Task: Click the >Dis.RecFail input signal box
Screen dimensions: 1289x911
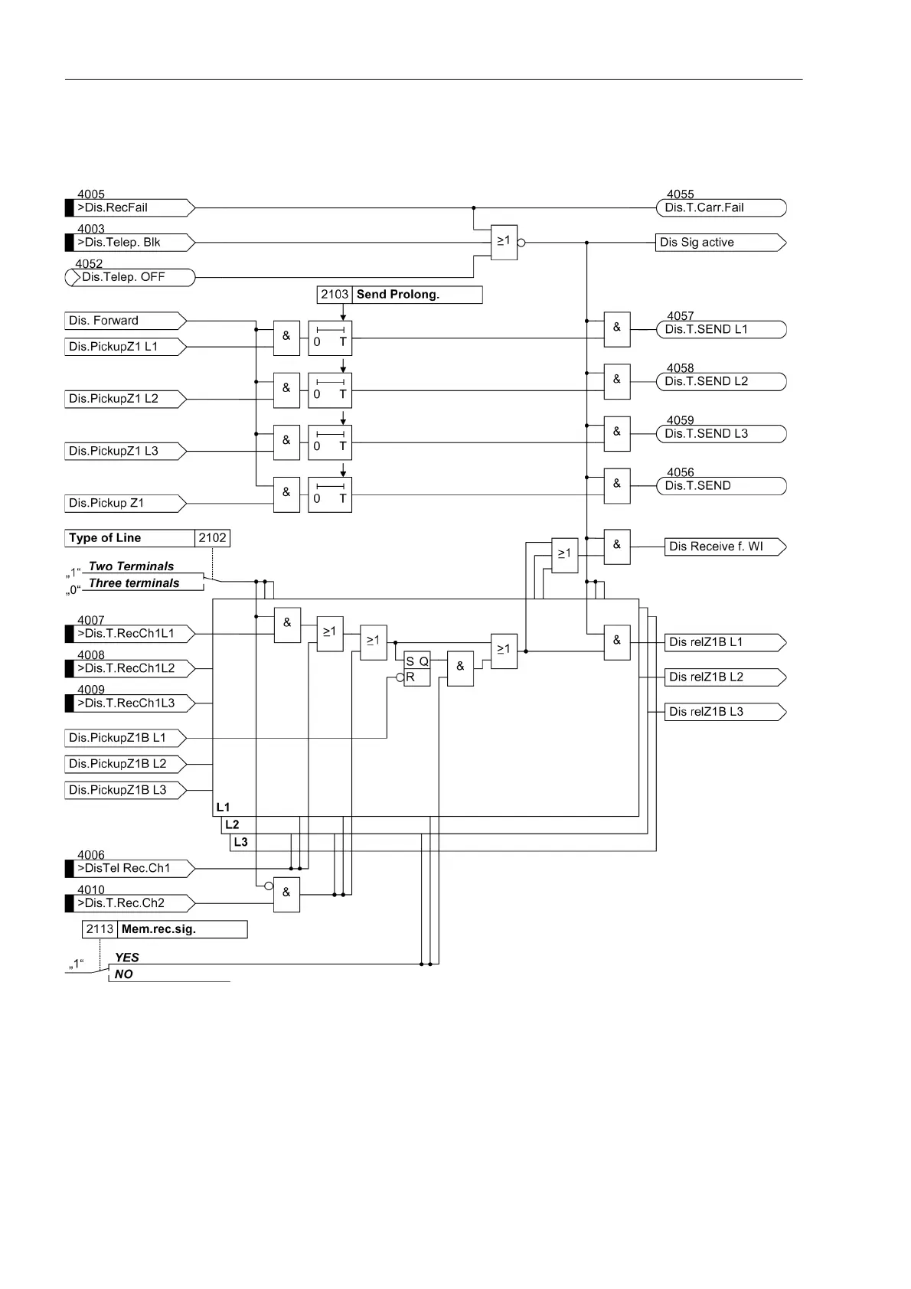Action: click(x=130, y=207)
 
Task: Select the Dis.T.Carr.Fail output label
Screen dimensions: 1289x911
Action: click(x=720, y=207)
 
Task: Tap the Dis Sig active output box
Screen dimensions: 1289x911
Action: click(x=719, y=243)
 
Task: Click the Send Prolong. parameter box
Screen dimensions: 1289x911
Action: click(x=400, y=295)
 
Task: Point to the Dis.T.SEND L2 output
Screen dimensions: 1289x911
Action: click(x=720, y=381)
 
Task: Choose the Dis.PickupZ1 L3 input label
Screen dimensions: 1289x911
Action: click(x=125, y=451)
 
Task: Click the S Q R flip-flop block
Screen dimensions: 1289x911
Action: click(x=417, y=669)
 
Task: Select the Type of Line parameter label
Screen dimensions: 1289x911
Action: click(x=130, y=538)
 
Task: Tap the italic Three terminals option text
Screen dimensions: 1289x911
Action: click(x=134, y=583)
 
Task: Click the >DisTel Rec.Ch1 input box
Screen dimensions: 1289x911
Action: click(x=130, y=868)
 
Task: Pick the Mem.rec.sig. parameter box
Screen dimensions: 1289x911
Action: click(x=165, y=929)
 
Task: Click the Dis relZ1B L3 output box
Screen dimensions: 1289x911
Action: click(x=724, y=712)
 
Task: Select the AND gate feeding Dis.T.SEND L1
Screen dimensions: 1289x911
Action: click(x=617, y=329)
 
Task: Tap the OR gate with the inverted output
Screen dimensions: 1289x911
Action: click(x=504, y=242)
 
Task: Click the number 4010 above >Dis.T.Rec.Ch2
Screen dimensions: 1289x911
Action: click(x=91, y=889)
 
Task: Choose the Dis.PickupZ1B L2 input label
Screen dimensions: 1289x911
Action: click(x=125, y=764)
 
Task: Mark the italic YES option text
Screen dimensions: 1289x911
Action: click(x=127, y=958)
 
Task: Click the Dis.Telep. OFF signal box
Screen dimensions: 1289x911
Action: click(x=130, y=277)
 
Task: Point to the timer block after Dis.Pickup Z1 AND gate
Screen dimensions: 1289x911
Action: click(x=330, y=494)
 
